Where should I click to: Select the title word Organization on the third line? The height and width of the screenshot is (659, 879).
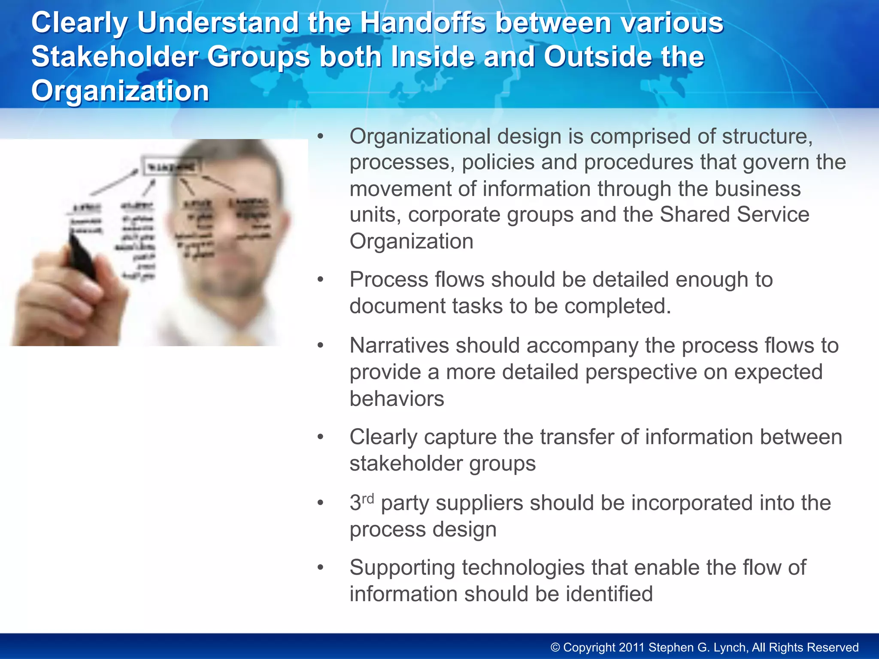click(120, 91)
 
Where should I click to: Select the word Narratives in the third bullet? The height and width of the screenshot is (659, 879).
click(399, 345)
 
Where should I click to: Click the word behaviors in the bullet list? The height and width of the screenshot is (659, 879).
click(397, 399)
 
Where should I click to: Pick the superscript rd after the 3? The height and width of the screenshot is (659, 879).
click(368, 499)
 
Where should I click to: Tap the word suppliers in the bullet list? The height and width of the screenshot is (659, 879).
click(479, 503)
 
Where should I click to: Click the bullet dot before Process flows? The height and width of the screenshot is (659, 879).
click(320, 280)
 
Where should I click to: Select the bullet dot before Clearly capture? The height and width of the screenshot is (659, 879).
click(320, 438)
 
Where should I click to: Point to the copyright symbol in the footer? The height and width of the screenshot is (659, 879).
click(555, 647)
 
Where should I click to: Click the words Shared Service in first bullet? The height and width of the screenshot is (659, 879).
click(734, 215)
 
